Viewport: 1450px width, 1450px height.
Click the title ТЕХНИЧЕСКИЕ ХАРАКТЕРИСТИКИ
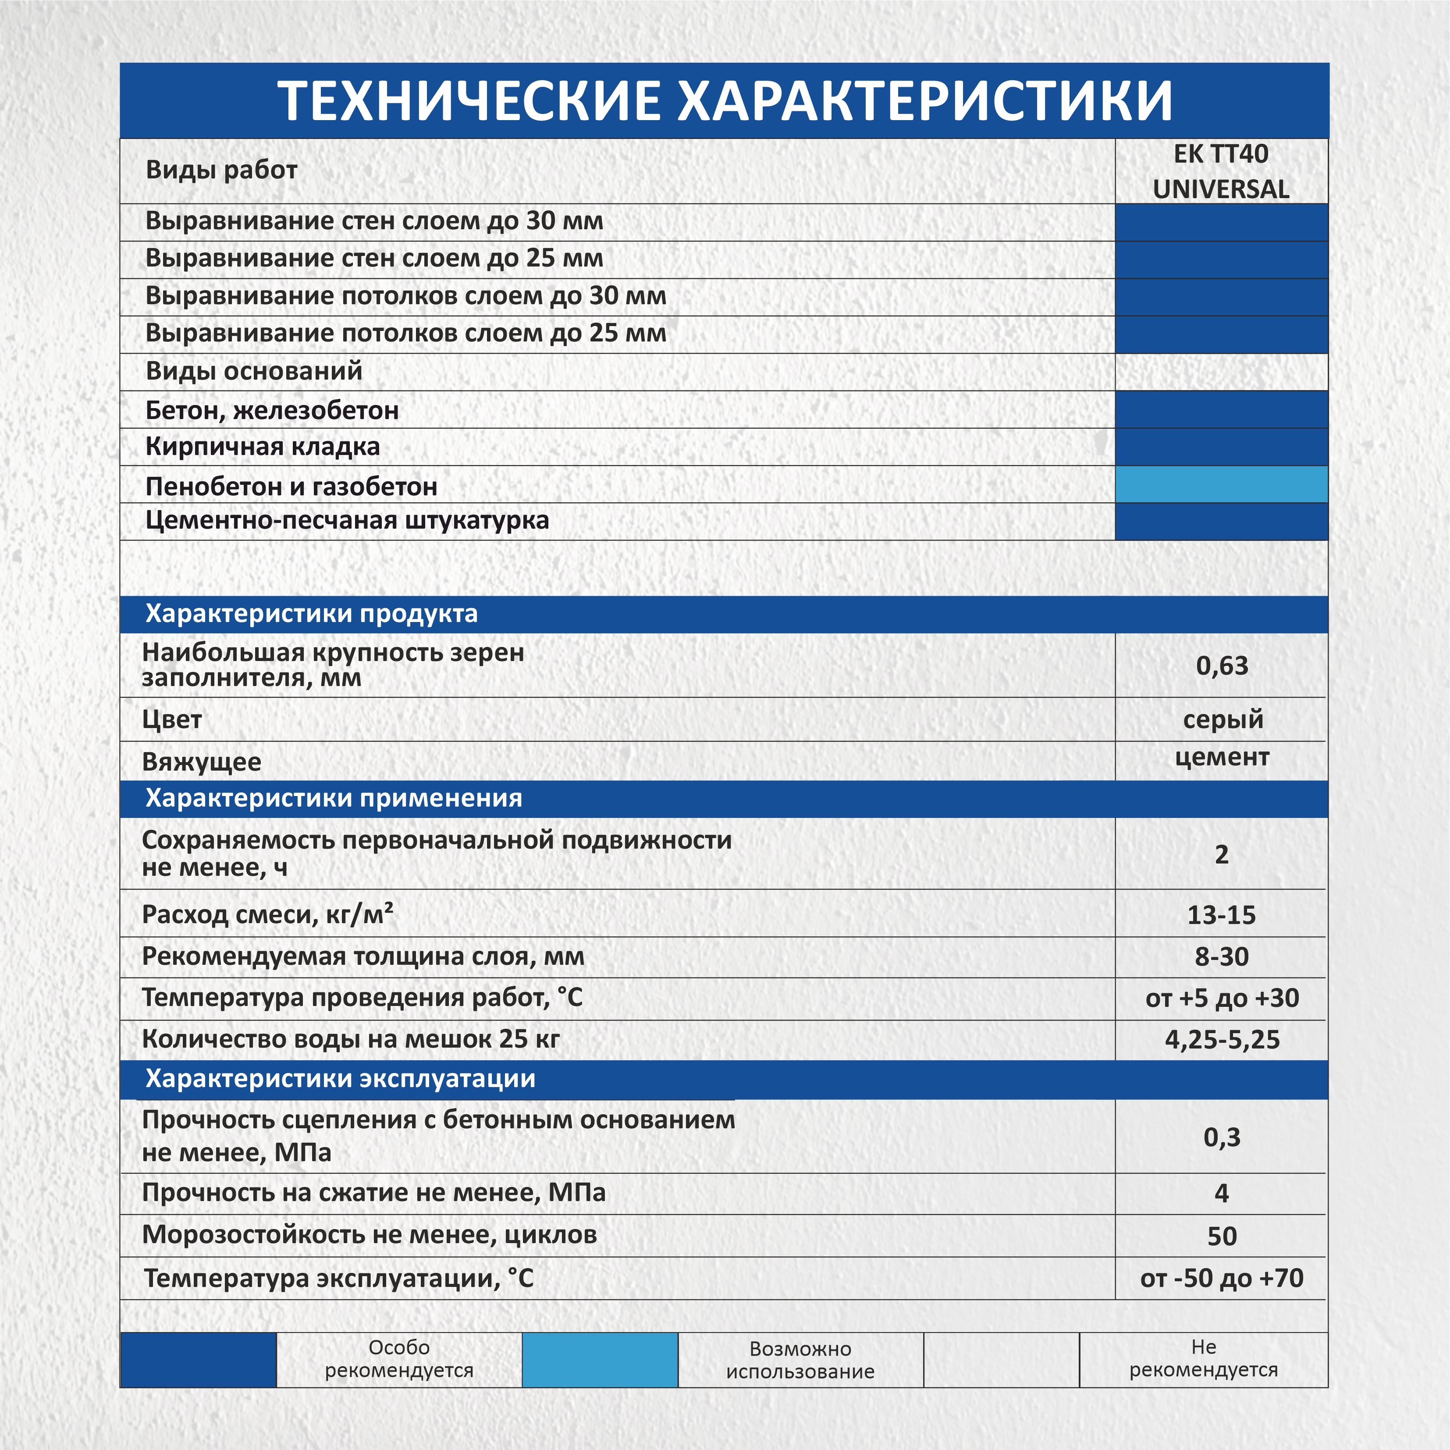pos(724,100)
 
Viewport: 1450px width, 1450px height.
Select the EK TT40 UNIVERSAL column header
pos(1221,171)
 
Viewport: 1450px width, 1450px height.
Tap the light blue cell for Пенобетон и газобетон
pos(1221,484)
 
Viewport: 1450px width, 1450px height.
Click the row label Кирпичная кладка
pos(263,447)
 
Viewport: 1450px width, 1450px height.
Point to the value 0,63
pos(1222,666)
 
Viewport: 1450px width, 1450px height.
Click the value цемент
pos(1222,757)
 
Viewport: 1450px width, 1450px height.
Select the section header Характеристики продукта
pos(312,614)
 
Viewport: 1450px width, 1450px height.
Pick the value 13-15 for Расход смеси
pos(1221,915)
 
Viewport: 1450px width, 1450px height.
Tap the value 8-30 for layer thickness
pos(1222,957)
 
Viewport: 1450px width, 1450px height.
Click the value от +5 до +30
pos(1222,998)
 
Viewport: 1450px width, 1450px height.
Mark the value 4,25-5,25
pos(1222,1039)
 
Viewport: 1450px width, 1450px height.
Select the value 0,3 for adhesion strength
pos(1222,1137)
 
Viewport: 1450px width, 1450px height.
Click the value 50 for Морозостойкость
pos(1222,1236)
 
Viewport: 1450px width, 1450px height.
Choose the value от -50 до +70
pos(1222,1278)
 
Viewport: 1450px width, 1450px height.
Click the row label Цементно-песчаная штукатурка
pos(347,520)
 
